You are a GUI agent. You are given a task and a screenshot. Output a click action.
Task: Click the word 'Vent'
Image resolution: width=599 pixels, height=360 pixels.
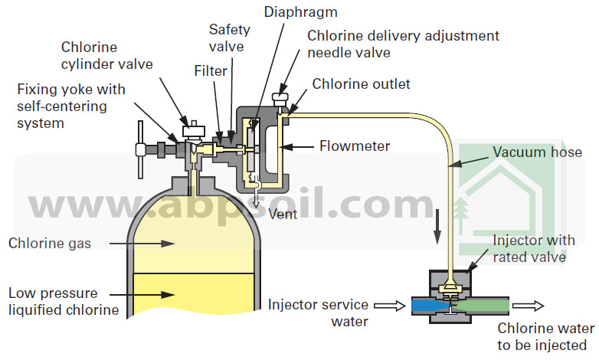(x=283, y=214)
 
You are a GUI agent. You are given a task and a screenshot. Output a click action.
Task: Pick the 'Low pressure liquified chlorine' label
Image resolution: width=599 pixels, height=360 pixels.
(x=64, y=301)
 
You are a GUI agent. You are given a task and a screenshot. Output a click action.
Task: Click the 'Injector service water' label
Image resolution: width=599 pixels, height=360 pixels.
(x=318, y=313)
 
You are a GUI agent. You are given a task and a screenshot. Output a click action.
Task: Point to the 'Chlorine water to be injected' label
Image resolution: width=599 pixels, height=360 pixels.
(x=543, y=337)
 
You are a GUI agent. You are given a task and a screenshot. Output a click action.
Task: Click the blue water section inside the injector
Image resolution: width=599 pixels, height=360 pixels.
(x=425, y=306)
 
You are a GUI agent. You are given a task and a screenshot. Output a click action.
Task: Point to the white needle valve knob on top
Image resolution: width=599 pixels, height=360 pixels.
(x=281, y=98)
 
